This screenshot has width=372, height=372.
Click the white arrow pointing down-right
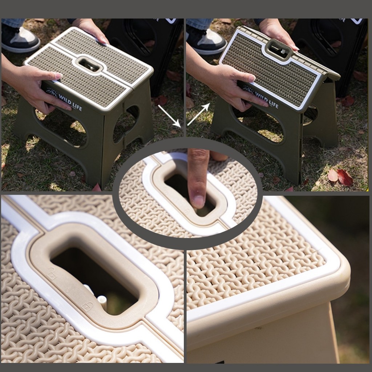(169, 116)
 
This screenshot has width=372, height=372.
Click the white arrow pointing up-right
(199, 114)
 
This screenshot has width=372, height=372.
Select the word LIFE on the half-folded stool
(274, 104)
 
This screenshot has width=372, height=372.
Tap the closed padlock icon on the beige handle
(88, 306)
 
